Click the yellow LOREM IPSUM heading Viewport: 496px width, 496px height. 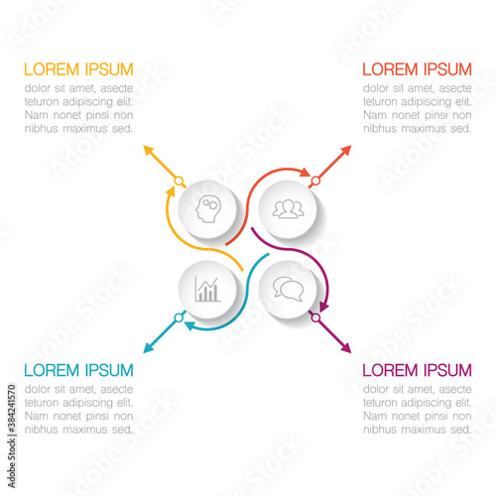[x=78, y=69]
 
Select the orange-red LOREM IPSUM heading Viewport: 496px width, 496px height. [x=417, y=69]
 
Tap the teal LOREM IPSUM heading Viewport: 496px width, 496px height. [x=78, y=370]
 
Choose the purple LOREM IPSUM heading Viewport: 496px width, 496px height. [x=417, y=370]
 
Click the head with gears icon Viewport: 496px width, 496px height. [x=207, y=209]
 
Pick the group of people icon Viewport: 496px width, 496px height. [x=288, y=209]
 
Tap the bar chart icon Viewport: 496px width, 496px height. [x=207, y=290]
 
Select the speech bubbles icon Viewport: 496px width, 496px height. [x=288, y=290]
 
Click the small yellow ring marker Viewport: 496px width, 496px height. [x=179, y=181]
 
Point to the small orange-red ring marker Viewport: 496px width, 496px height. [x=315, y=181]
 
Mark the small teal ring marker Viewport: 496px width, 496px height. [x=179, y=317]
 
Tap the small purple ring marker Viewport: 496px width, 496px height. [x=315, y=317]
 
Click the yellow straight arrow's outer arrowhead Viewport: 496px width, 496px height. [x=148, y=150]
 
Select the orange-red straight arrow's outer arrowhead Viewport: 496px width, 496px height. [x=346, y=150]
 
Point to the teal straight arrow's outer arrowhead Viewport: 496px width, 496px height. [x=148, y=349]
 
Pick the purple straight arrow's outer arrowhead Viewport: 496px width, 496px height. [x=346, y=349]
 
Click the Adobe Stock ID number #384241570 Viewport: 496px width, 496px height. [x=12, y=409]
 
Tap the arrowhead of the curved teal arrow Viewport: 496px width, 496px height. [x=189, y=325]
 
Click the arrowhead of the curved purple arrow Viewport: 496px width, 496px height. [x=324, y=307]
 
